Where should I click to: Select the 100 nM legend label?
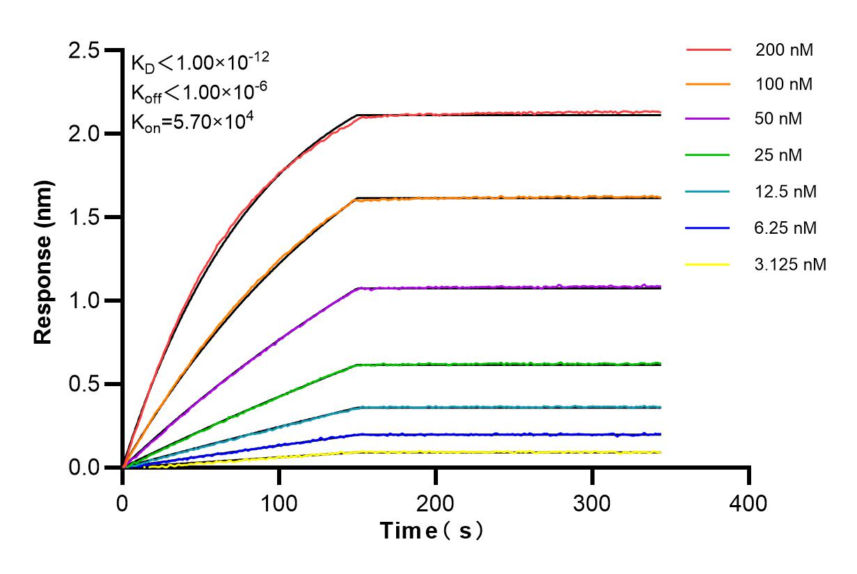coord(785,85)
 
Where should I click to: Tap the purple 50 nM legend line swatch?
coord(708,120)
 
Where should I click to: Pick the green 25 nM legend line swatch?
coord(708,155)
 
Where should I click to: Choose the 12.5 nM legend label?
coord(787,191)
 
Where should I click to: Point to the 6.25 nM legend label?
coord(787,228)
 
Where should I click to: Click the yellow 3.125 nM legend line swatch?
coord(708,264)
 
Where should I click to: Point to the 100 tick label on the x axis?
coord(278,503)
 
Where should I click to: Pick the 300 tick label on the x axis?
coord(592,503)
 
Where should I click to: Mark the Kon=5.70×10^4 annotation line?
coord(192,121)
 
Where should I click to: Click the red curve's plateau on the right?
coord(557,112)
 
